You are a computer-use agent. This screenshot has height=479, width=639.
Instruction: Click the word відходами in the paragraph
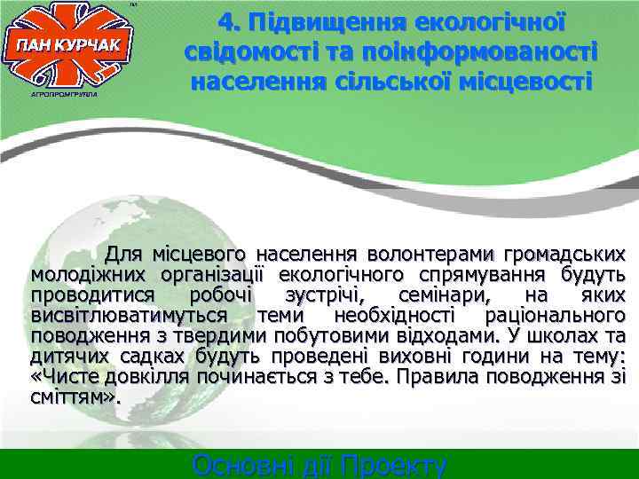pos(430,335)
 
